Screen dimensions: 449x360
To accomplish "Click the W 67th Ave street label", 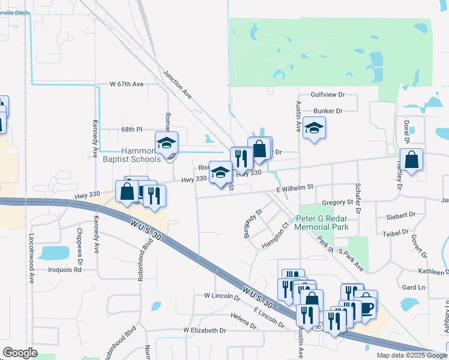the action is tap(127, 85).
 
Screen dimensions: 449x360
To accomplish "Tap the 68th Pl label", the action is tap(131, 129).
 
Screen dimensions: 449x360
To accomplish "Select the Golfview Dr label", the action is tap(328, 95).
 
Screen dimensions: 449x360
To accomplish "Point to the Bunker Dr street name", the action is tap(328, 111).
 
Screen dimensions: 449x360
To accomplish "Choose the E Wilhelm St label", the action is tap(295, 188).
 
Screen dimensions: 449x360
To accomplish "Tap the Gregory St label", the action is tap(336, 203).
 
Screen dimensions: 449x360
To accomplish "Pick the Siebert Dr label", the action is tap(402, 214).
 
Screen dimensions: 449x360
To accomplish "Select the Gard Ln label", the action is tap(413, 287).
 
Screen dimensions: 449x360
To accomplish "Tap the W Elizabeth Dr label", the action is tap(205, 331).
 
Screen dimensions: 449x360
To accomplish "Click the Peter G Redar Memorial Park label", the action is tap(321, 223).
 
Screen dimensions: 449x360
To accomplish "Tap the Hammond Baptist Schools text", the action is tap(131, 155).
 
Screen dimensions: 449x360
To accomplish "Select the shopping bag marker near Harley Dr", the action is tap(412, 160).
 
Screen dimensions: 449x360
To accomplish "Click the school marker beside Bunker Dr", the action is tap(314, 128).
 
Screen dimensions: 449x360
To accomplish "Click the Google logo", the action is tap(20, 353).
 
